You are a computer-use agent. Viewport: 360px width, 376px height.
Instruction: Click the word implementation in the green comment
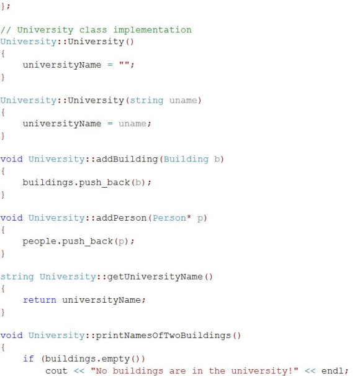(x=152, y=30)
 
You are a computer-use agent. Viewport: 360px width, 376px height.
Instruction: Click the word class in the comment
(x=93, y=30)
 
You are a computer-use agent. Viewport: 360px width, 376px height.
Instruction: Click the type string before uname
(x=146, y=101)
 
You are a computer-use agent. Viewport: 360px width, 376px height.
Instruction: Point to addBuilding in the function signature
(x=127, y=160)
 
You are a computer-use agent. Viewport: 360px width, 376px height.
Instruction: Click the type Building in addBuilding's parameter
(x=186, y=160)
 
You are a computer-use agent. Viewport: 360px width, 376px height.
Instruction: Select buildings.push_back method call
(x=76, y=183)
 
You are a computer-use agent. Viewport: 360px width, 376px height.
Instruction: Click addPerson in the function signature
(x=121, y=218)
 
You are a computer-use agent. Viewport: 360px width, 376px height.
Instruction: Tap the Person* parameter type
(x=172, y=218)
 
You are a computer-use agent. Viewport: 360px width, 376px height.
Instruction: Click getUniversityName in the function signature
(x=155, y=277)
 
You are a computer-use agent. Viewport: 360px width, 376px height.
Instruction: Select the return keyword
(x=40, y=300)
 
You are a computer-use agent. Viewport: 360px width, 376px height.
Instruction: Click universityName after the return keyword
(x=102, y=300)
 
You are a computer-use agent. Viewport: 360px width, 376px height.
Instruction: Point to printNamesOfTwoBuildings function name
(x=164, y=336)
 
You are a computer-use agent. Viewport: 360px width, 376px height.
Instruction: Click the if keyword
(x=29, y=359)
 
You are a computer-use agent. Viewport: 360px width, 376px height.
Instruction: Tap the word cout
(x=56, y=371)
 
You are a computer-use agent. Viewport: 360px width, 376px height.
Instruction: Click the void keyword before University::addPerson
(x=12, y=218)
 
